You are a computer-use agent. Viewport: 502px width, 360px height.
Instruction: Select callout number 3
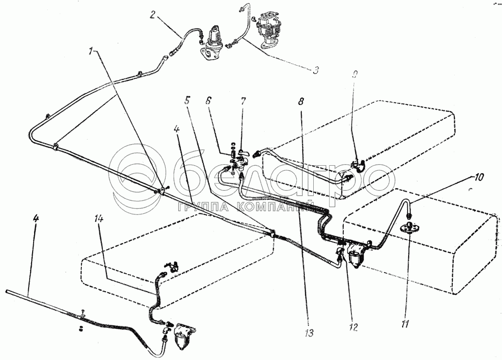click(314, 70)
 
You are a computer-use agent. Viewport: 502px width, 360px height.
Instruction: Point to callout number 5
click(187, 99)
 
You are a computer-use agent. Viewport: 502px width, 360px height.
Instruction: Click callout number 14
click(99, 219)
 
